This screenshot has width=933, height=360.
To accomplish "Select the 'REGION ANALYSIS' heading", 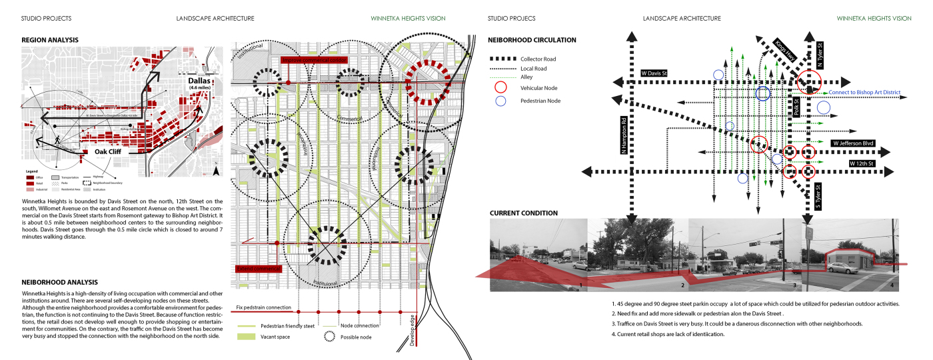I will pos(50,40).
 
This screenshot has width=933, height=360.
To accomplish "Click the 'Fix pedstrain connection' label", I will pos(264,307).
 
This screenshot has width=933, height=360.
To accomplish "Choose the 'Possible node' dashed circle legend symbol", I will pos(328,337).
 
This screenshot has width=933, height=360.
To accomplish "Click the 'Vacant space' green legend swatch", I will pos(245,337).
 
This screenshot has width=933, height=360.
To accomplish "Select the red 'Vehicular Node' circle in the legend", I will pos(500,87).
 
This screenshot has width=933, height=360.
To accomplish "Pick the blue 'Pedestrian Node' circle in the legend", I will pos(500,101).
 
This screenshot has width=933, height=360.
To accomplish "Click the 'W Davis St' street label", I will pos(654,73).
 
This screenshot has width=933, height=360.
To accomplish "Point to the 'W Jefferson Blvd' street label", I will pos(852,143).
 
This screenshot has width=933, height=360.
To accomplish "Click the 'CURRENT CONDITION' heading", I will pos(524,213).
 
